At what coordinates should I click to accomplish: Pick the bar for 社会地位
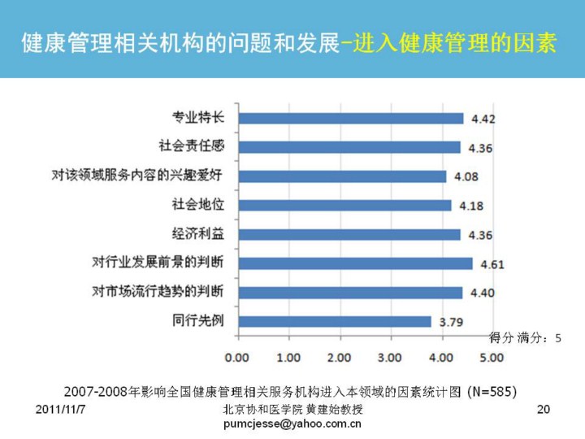click(x=344, y=205)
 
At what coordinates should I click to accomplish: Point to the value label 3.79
click(x=451, y=322)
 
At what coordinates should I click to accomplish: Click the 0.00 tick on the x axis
click(x=236, y=357)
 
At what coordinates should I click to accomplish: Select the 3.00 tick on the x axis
click(x=391, y=357)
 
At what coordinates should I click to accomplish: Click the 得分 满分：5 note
click(x=525, y=337)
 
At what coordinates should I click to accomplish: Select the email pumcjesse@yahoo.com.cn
click(x=292, y=424)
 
